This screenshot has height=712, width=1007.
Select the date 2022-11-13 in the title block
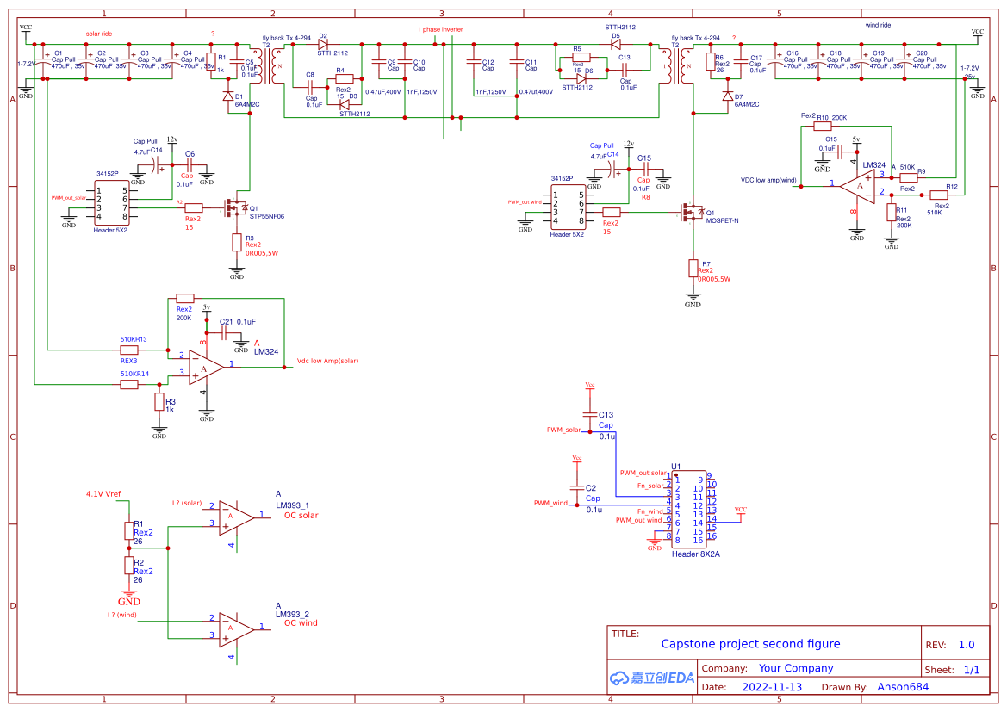click(x=771, y=687)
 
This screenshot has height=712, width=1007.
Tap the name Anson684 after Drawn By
click(x=903, y=687)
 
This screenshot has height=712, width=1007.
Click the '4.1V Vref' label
click(x=103, y=494)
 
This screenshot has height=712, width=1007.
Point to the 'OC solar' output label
click(x=301, y=515)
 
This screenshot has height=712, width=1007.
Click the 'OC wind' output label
click(x=301, y=622)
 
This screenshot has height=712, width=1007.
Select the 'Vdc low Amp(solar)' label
click(x=327, y=361)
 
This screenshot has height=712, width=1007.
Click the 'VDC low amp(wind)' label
click(x=769, y=180)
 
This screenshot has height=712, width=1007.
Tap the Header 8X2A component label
click(x=695, y=554)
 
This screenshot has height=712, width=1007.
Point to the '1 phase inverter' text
click(x=440, y=29)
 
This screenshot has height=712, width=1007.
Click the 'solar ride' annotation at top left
click(x=99, y=33)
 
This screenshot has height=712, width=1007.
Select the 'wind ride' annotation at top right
click(x=878, y=26)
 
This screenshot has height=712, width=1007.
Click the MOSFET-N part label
click(x=722, y=220)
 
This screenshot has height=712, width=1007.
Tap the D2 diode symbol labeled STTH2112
click(x=324, y=45)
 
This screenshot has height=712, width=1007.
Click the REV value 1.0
click(x=967, y=645)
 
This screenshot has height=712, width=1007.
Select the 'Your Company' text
click(x=795, y=668)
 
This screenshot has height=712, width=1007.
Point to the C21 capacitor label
click(x=226, y=321)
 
